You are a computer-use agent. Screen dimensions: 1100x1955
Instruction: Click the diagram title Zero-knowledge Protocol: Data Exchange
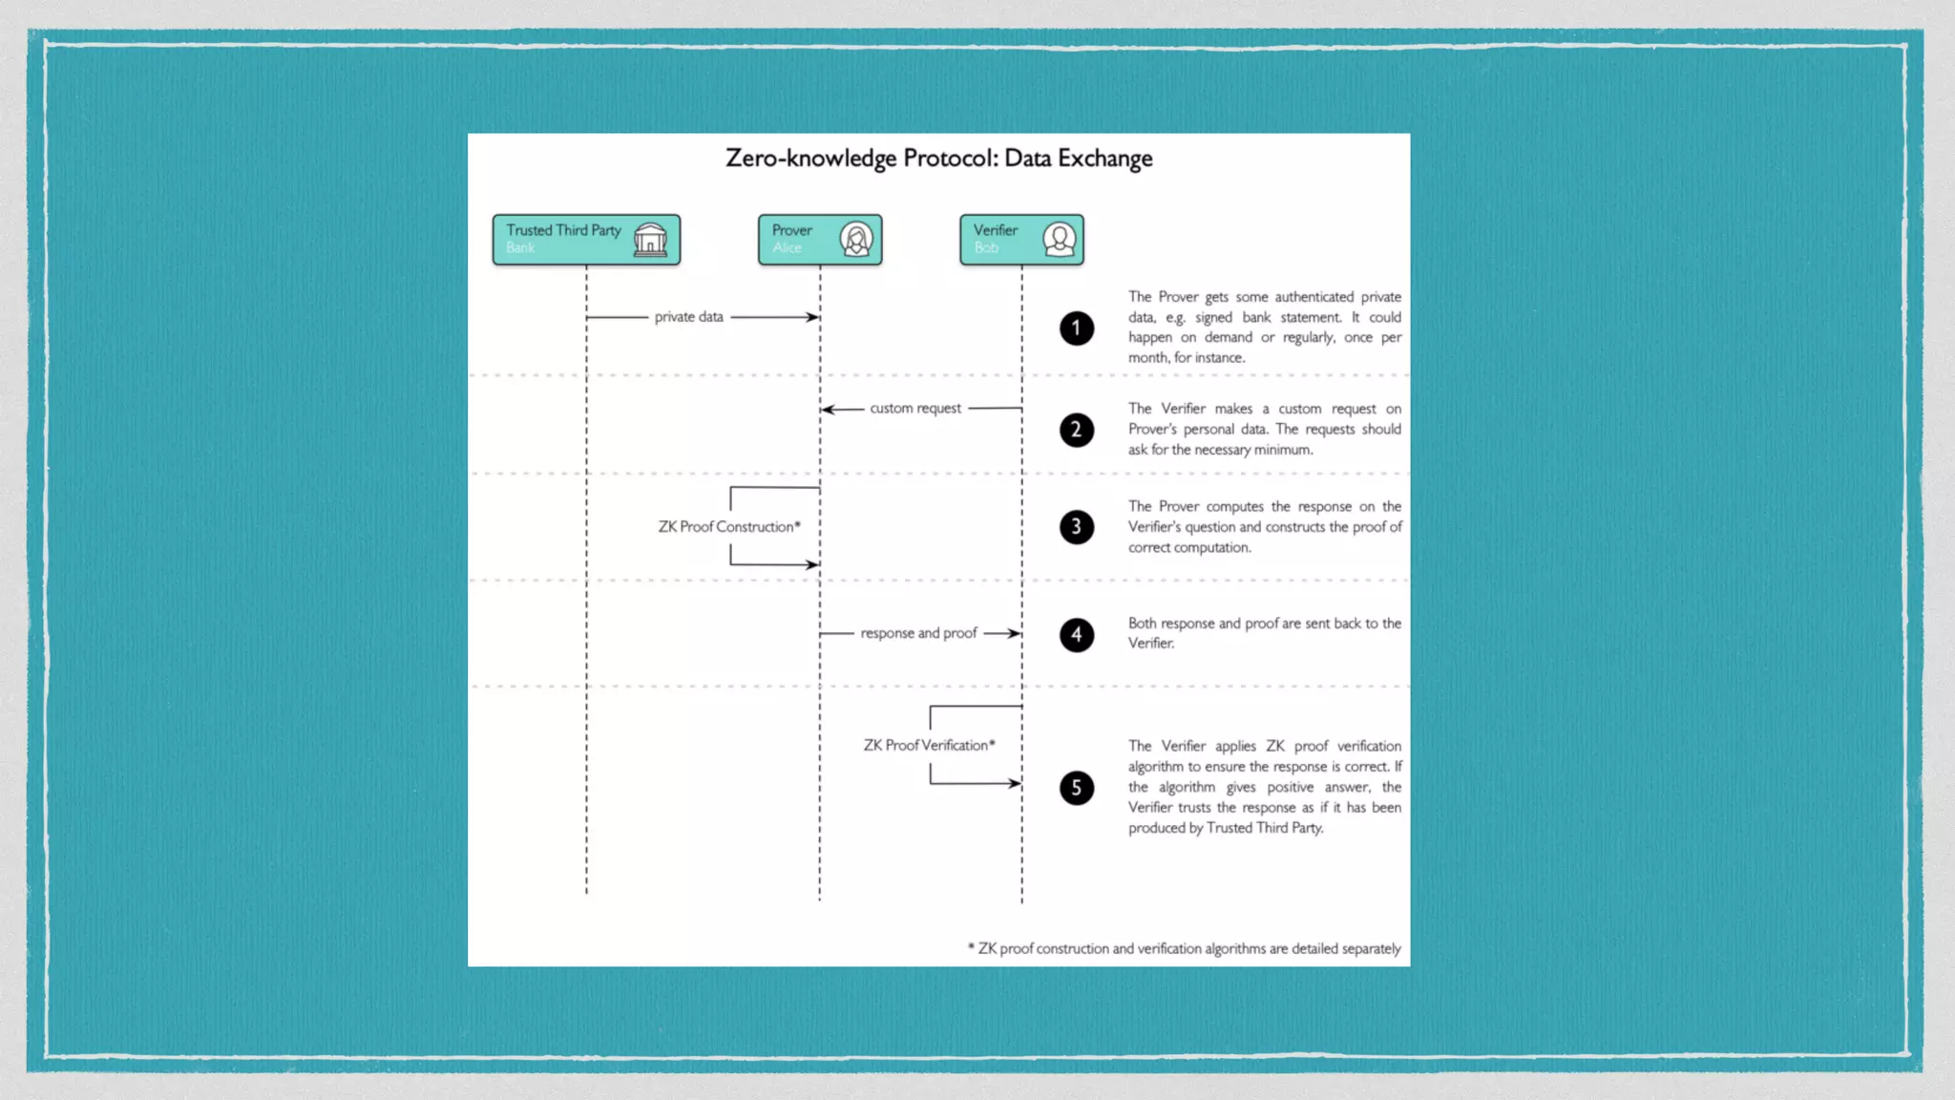point(938,159)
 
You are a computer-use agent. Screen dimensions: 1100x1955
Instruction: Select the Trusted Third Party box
point(586,239)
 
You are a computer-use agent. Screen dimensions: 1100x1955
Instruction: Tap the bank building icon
point(650,239)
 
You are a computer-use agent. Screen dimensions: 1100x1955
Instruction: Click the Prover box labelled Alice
point(819,239)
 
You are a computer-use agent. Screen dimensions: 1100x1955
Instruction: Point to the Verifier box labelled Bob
point(1020,239)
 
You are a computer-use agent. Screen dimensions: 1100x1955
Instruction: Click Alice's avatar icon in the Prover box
point(856,239)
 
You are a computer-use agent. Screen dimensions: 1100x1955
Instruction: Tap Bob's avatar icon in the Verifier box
point(1059,239)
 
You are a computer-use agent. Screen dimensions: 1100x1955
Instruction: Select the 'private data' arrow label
point(688,317)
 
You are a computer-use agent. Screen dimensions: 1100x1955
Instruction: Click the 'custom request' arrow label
point(914,409)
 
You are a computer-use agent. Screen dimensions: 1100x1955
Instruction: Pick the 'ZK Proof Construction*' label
point(729,527)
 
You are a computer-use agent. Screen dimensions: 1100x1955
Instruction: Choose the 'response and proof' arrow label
point(918,633)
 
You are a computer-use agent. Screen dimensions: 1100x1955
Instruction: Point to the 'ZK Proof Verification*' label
point(929,746)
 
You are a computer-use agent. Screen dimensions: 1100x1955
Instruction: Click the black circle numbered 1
point(1076,328)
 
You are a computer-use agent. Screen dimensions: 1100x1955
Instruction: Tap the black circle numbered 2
point(1076,430)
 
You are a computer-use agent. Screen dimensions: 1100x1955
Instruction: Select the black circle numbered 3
point(1076,527)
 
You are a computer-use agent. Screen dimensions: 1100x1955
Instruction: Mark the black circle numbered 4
point(1076,635)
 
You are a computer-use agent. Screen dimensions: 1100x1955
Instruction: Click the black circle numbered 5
point(1076,788)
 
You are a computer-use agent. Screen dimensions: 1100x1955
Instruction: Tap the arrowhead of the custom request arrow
point(827,410)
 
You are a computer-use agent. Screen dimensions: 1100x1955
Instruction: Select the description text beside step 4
point(1264,633)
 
